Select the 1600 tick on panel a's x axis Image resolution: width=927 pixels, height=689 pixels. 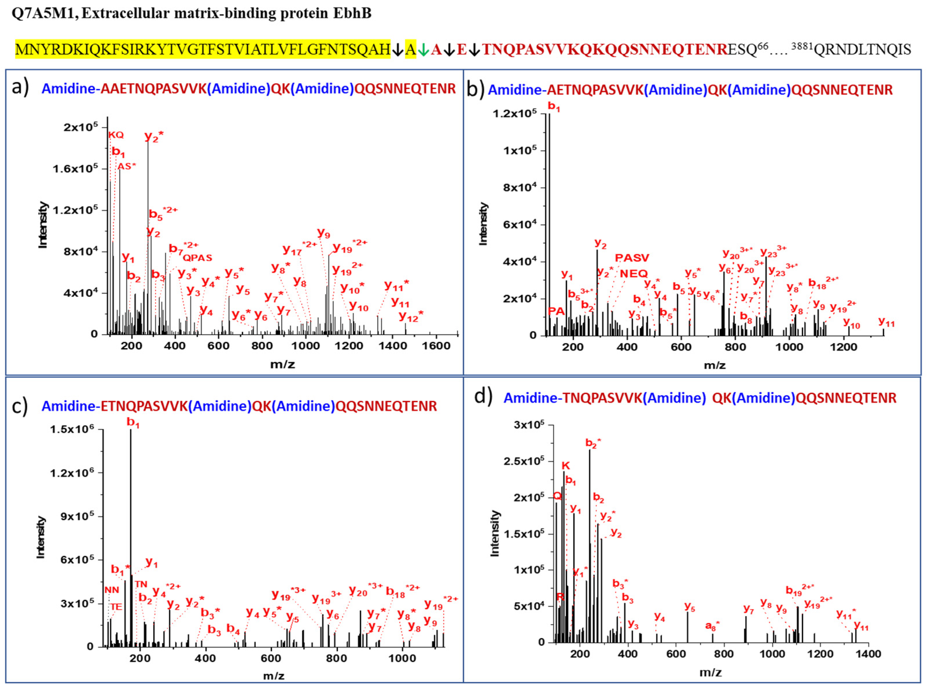click(x=436, y=346)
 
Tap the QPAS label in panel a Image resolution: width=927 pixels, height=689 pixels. click(x=198, y=258)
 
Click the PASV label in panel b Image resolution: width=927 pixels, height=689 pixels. click(x=632, y=258)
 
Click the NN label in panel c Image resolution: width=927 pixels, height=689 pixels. click(x=112, y=590)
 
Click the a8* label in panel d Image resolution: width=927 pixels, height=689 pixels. click(x=712, y=626)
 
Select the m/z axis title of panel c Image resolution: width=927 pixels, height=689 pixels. click(x=273, y=676)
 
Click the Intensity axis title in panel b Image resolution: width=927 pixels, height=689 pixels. click(x=483, y=224)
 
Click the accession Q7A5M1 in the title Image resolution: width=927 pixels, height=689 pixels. click(x=43, y=14)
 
